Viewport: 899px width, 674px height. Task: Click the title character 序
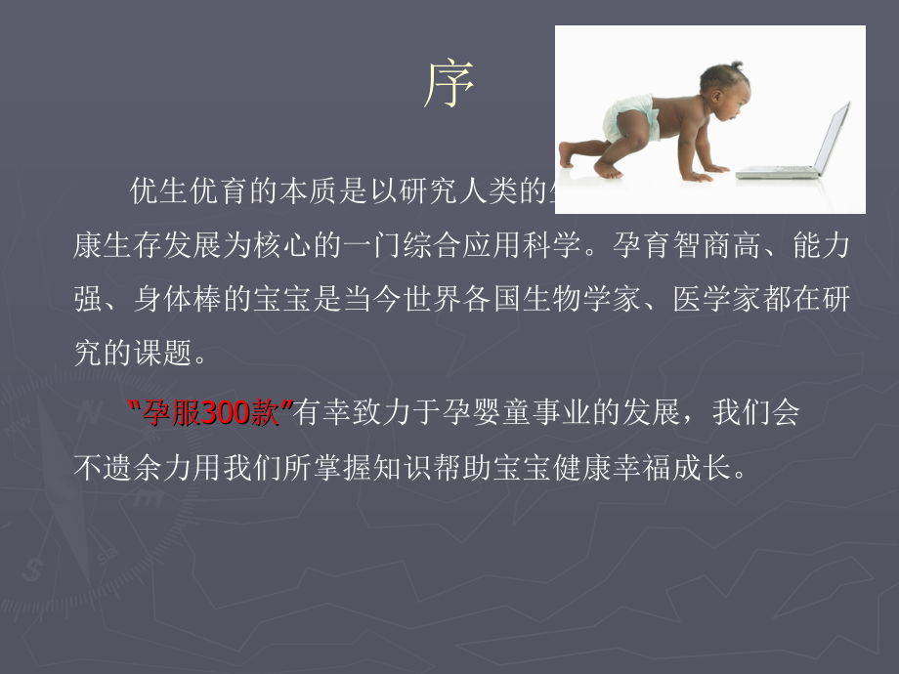tap(449, 87)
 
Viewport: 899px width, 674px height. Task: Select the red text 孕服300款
tap(211, 414)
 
